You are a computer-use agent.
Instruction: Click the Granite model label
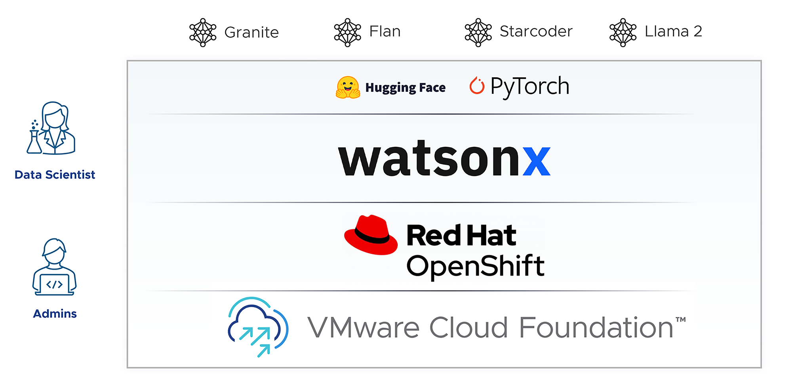[251, 32]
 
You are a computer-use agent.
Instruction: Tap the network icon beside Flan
[347, 32]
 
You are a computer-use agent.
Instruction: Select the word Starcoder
[536, 31]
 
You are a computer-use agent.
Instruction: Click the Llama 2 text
[673, 31]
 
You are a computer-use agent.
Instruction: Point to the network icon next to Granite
[203, 32]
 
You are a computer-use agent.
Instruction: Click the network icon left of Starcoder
[478, 32]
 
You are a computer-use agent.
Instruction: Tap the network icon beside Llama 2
[623, 32]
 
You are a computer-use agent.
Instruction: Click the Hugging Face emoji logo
[348, 87]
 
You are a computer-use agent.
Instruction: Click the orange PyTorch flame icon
[477, 85]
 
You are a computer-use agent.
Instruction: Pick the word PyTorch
[530, 87]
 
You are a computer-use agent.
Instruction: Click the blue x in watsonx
[537, 161]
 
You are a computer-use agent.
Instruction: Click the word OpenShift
[475, 266]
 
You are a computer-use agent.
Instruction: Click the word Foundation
[596, 328]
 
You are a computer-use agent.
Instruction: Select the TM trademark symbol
[681, 320]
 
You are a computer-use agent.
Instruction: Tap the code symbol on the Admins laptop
[55, 284]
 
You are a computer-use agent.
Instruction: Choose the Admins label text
[55, 314]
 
